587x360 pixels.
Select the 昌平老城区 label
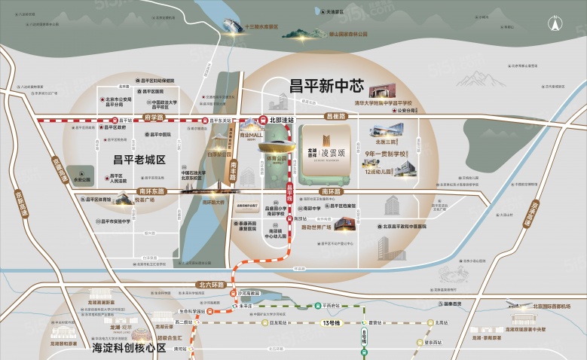pyautogui.click(x=139, y=159)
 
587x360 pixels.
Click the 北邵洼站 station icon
pyautogui.click(x=261, y=119)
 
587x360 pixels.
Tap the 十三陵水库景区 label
pyautogui.click(x=268, y=26)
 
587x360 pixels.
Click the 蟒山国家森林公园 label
pyautogui.click(x=347, y=34)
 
